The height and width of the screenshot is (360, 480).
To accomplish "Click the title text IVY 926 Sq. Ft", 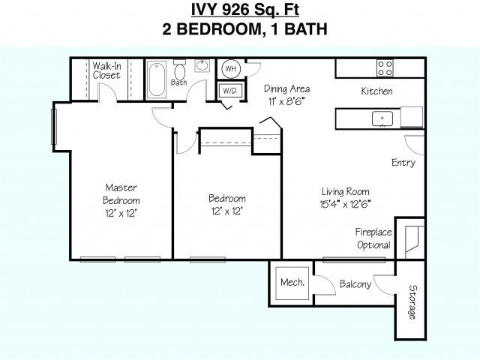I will pyautogui.click(x=239, y=10).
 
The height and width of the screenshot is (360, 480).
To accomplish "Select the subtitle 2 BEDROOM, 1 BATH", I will pyautogui.click(x=239, y=30).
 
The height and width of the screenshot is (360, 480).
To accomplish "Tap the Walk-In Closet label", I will pyautogui.click(x=106, y=70).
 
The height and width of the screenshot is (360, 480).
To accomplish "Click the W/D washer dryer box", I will pyautogui.click(x=230, y=91).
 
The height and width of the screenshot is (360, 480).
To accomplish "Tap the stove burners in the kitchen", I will pyautogui.click(x=385, y=68).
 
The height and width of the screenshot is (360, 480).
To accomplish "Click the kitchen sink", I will pyautogui.click(x=383, y=118).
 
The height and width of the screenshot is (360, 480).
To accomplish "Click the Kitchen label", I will pyautogui.click(x=376, y=91).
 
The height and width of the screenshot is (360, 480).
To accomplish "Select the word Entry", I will pyautogui.click(x=403, y=163).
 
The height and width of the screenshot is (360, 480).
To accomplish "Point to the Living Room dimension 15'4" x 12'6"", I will pyautogui.click(x=345, y=203).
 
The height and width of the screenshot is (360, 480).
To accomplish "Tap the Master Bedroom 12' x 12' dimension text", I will pyautogui.click(x=121, y=213).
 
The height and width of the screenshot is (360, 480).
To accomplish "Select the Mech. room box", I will pyautogui.click(x=292, y=283).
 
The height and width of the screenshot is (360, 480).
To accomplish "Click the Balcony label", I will pyautogui.click(x=355, y=284).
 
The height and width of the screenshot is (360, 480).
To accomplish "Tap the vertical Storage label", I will pyautogui.click(x=412, y=301).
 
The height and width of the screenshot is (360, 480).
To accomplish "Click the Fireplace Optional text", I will pyautogui.click(x=373, y=238).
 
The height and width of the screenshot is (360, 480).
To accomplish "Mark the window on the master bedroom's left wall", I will pyautogui.click(x=53, y=127).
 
